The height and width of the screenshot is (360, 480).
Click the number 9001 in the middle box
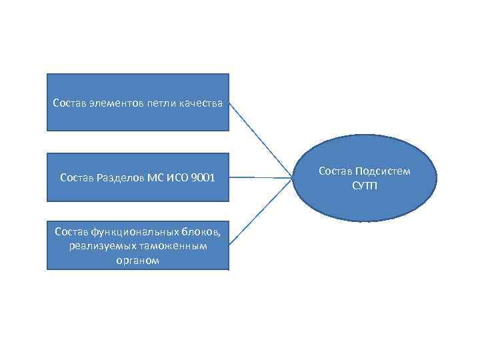pos(201,177)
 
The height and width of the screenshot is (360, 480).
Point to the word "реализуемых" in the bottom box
pos(97,247)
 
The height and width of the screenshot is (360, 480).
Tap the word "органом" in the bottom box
pos(137,261)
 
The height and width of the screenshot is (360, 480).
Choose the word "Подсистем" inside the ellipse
pos(385,171)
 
